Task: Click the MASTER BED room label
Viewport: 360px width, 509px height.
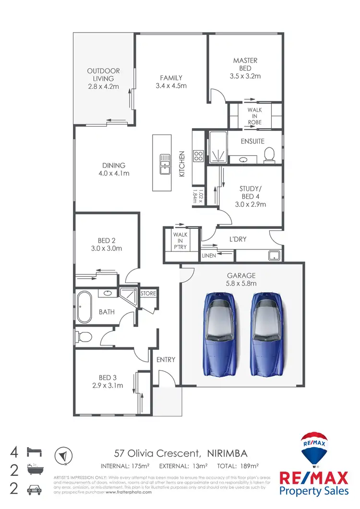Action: [245, 68]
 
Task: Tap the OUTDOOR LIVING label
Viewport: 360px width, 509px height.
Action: [103, 79]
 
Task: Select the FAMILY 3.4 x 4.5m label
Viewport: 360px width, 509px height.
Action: [171, 82]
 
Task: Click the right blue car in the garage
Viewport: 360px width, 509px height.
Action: [266, 334]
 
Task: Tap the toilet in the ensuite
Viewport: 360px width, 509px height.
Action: [269, 154]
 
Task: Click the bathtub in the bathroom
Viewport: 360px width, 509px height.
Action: [84, 308]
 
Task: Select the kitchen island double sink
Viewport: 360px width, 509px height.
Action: [165, 164]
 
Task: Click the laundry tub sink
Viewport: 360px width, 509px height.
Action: [275, 255]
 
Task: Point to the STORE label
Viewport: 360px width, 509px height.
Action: [148, 293]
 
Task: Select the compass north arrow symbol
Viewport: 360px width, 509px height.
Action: [63, 455]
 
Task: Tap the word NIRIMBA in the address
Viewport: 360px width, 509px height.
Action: [228, 453]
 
